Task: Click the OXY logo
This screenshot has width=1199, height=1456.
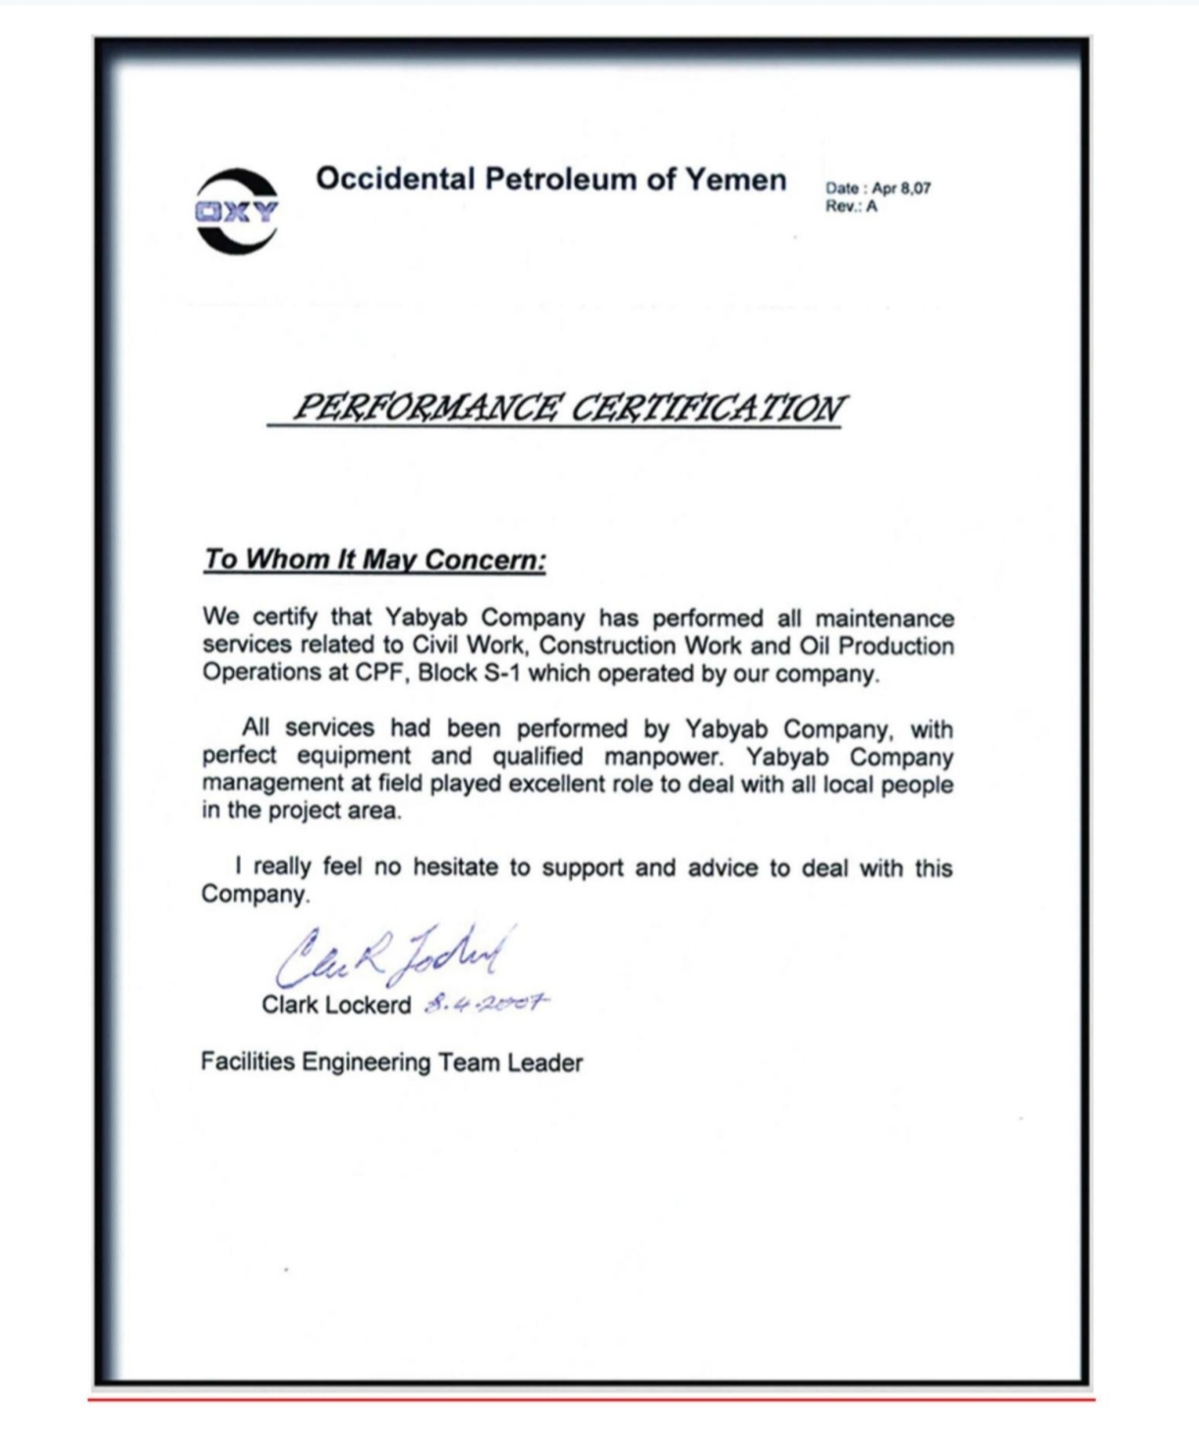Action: (237, 211)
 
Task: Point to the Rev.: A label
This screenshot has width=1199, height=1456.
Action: (851, 206)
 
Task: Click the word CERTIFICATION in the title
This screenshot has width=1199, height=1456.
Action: (707, 407)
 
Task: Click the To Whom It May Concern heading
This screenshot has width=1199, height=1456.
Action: (374, 560)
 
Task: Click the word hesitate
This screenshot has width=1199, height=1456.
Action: (458, 868)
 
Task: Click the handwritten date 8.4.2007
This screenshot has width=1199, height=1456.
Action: (485, 1004)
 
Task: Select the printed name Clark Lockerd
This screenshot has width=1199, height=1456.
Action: (336, 1005)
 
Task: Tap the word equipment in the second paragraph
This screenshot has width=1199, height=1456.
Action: (354, 757)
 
